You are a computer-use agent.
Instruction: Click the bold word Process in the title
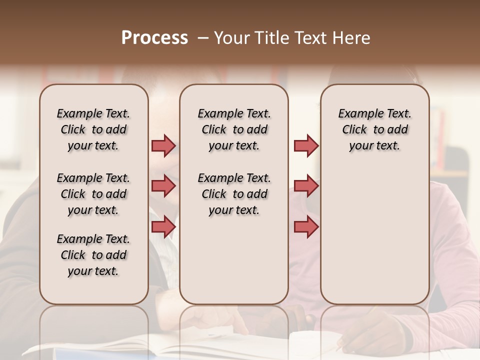click(154, 37)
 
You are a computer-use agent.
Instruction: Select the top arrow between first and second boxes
click(163, 145)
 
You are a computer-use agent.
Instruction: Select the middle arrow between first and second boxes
click(163, 186)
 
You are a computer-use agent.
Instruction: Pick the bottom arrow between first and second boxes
click(163, 226)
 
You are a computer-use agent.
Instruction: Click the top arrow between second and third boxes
click(306, 145)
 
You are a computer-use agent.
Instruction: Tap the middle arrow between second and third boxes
click(306, 186)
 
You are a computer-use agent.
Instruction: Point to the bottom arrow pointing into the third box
click(306, 226)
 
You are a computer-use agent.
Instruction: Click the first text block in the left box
click(93, 129)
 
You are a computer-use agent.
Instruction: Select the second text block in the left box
click(93, 194)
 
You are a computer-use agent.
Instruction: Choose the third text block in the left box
click(93, 255)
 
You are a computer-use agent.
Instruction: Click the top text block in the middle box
click(234, 129)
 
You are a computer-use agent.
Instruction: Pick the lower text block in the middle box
click(234, 194)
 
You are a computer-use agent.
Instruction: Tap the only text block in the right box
click(374, 129)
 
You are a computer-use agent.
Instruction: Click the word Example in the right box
click(357, 113)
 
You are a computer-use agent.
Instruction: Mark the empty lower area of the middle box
click(234, 260)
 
